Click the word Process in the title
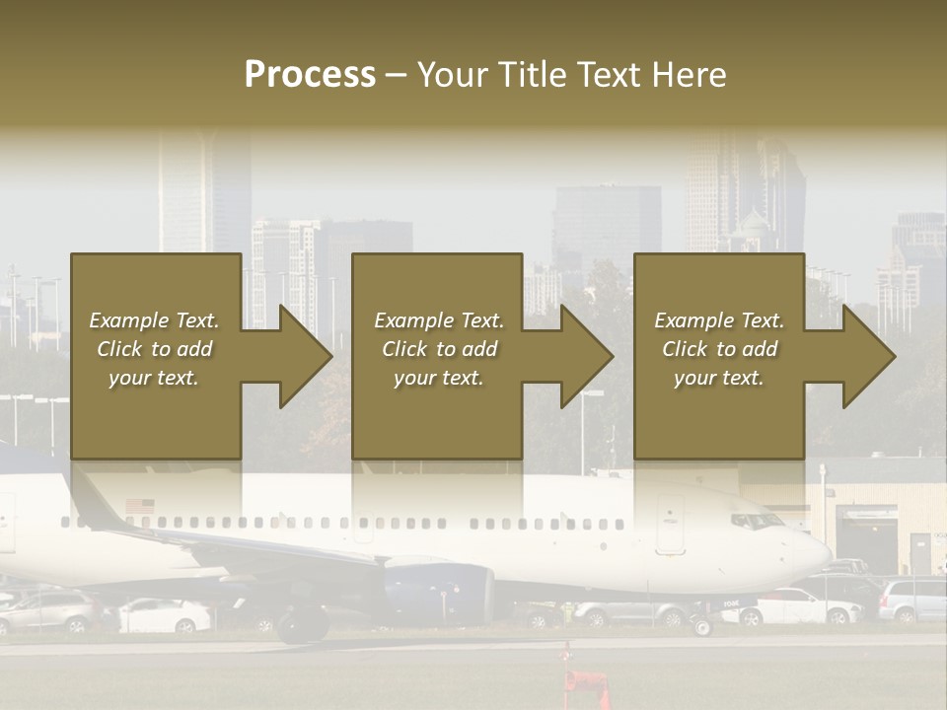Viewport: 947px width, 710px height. (310, 75)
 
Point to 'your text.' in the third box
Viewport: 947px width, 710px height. (718, 378)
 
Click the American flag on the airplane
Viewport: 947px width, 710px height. (140, 506)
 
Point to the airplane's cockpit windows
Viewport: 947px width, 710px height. (756, 521)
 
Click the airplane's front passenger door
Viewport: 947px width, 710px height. (671, 523)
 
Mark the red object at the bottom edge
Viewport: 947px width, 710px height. (589, 687)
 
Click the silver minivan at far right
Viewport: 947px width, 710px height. (912, 599)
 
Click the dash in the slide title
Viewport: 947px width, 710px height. (396, 75)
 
